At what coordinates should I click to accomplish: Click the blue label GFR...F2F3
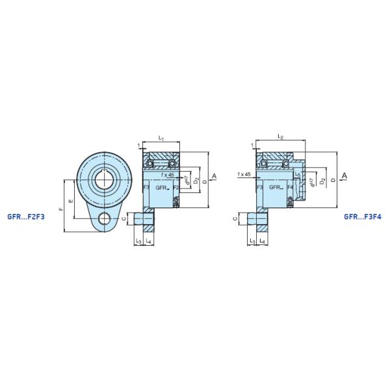click(25, 217)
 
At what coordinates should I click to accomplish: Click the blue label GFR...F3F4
click(363, 217)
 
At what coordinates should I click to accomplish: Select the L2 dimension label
click(280, 137)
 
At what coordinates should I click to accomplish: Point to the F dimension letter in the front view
click(61, 209)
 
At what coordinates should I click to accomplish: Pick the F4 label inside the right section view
click(290, 187)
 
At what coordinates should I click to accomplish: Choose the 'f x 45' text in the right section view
click(244, 175)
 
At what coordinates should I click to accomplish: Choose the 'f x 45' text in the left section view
click(166, 175)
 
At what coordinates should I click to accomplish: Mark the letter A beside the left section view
click(214, 176)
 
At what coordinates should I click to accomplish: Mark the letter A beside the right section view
click(344, 175)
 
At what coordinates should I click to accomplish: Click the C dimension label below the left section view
click(124, 220)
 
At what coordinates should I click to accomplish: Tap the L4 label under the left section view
click(149, 241)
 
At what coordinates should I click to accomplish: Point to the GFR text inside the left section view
click(161, 187)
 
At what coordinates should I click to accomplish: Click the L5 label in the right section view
click(297, 175)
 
